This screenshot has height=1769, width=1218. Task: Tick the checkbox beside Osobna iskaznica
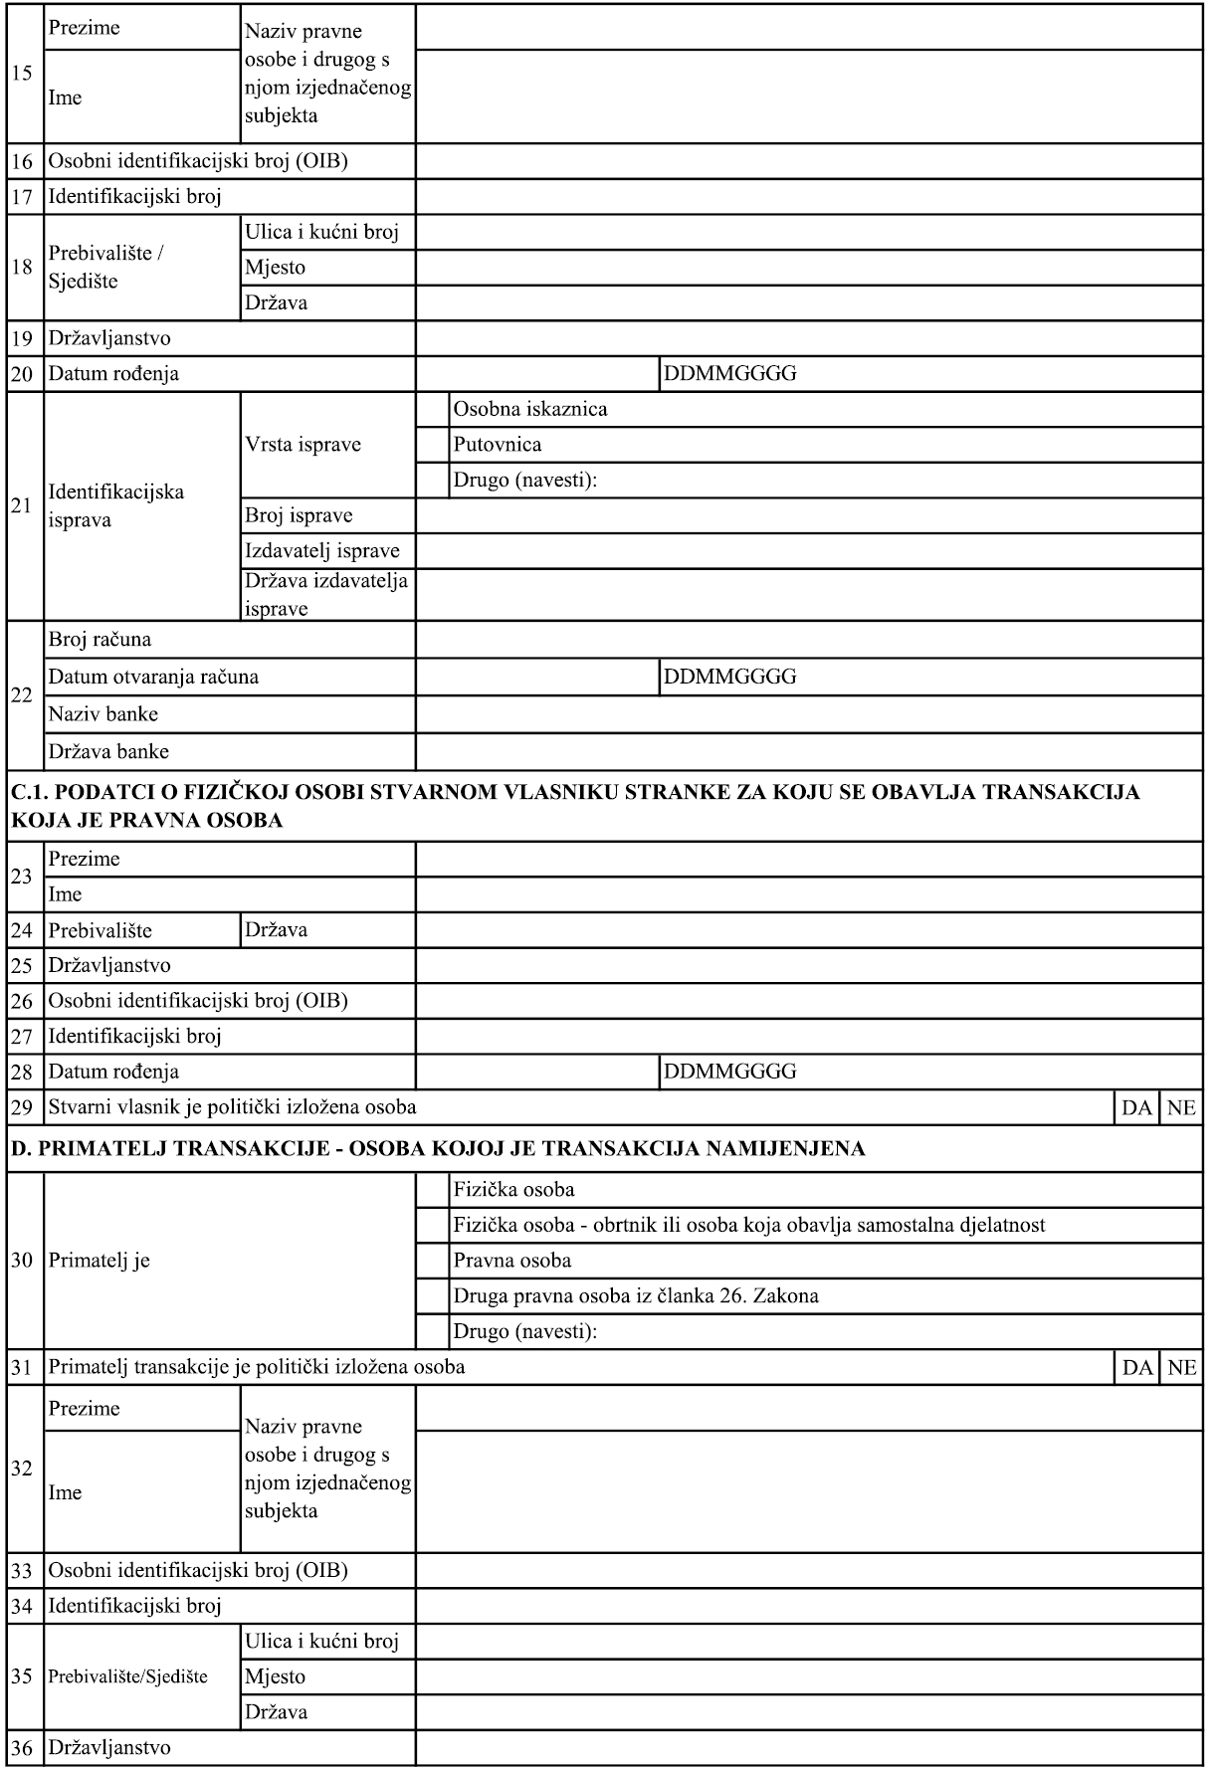click(x=432, y=409)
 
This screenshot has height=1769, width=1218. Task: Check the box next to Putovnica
click(x=432, y=444)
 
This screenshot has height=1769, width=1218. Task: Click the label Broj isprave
click(x=299, y=515)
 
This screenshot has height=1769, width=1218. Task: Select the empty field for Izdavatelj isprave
click(x=808, y=551)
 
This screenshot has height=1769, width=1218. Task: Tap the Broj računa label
click(x=100, y=640)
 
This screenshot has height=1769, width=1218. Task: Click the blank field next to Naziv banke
click(x=808, y=714)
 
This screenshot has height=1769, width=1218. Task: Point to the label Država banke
click(x=108, y=751)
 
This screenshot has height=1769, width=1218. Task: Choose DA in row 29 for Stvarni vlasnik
click(x=1136, y=1107)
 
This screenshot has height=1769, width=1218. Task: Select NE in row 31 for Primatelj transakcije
click(x=1181, y=1367)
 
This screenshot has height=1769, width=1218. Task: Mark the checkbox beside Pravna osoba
click(x=432, y=1261)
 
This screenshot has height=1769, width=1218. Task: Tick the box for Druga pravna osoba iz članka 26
click(x=432, y=1295)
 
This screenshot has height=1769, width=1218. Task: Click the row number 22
click(x=22, y=695)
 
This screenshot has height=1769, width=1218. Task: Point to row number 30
click(x=22, y=1261)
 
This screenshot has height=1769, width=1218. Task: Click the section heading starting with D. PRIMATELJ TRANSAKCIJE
click(x=437, y=1149)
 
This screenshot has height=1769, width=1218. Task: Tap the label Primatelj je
click(x=100, y=1261)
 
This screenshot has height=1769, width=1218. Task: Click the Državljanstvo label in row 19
click(x=109, y=338)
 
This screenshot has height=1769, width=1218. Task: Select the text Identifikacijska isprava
click(x=115, y=506)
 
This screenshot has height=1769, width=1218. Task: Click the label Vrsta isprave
click(x=303, y=444)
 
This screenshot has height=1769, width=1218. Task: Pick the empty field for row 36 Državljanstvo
click(x=808, y=1747)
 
